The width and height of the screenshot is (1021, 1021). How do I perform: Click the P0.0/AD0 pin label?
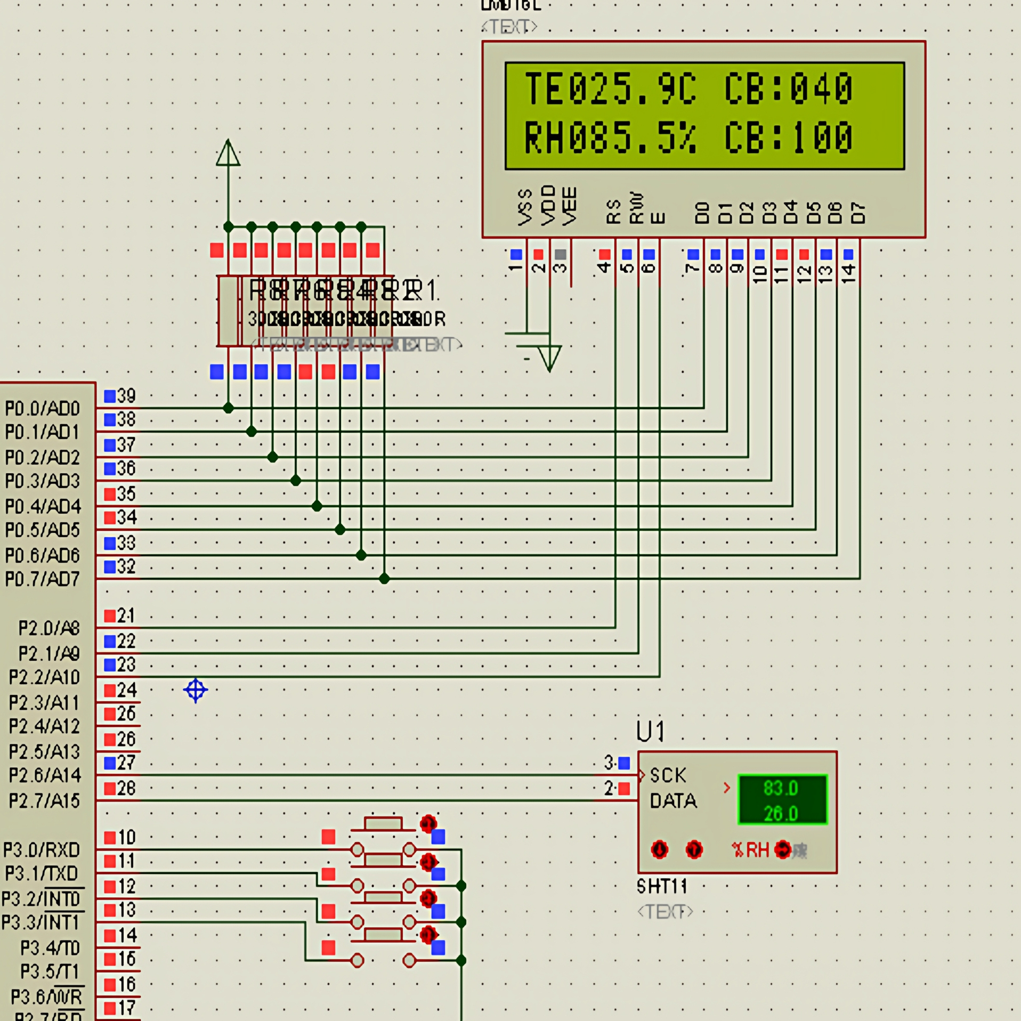click(x=42, y=409)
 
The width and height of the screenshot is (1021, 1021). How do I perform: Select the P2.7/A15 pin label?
click(x=44, y=800)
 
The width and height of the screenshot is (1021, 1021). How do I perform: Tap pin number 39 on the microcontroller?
click(x=126, y=396)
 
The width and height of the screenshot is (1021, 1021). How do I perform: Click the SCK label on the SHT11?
click(x=668, y=775)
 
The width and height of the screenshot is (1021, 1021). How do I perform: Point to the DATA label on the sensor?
click(x=673, y=800)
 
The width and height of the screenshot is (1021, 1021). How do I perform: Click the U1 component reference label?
click(x=650, y=732)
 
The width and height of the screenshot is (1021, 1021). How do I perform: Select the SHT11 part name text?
click(x=662, y=886)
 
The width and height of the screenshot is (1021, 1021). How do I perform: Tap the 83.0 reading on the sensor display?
click(x=781, y=788)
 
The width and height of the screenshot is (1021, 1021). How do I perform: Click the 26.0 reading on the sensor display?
click(x=781, y=813)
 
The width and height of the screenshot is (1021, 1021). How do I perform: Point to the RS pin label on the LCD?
click(x=613, y=212)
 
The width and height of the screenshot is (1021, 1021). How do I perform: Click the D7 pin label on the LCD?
click(x=857, y=213)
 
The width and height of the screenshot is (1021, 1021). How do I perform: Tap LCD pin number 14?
click(x=848, y=273)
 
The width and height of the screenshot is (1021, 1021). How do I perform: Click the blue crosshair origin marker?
click(x=196, y=690)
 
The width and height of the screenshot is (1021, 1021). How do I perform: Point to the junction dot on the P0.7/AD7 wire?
click(x=384, y=579)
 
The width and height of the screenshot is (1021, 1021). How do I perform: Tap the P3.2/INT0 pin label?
click(x=41, y=899)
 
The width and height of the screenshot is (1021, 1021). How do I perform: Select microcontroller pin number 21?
click(x=126, y=616)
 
